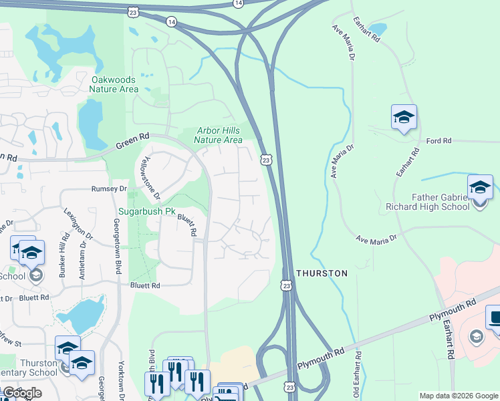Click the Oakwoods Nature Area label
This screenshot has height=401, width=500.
pos(114,84)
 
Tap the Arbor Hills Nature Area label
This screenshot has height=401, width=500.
pos(218,136)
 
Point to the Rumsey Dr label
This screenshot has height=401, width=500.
pos(109,189)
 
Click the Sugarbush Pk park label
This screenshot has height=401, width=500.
pos(147,212)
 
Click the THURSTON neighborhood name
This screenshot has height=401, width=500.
pos(322,273)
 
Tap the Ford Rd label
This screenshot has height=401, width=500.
pos(439,141)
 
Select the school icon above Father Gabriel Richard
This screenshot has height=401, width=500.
pos(480,188)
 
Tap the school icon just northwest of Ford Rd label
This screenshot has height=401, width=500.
pos(404,118)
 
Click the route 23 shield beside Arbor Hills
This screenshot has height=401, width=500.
pos(267,160)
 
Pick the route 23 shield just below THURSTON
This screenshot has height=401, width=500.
pos(286,285)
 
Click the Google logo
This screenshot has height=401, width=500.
pos(22,394)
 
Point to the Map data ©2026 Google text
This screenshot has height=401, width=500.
pos(458,396)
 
